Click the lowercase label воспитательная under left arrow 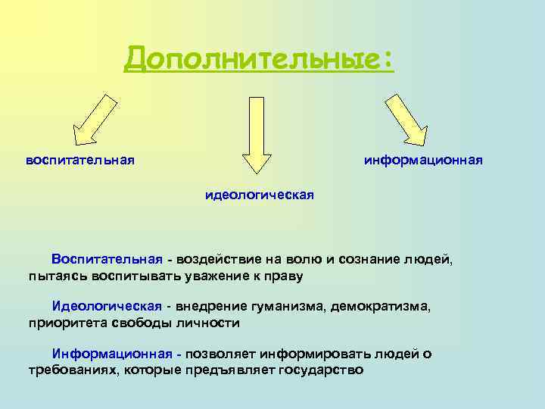tap(80, 161)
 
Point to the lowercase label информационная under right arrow tap(423, 161)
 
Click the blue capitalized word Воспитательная tap(107, 260)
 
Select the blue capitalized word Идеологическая tap(107, 306)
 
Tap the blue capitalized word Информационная tap(112, 354)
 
